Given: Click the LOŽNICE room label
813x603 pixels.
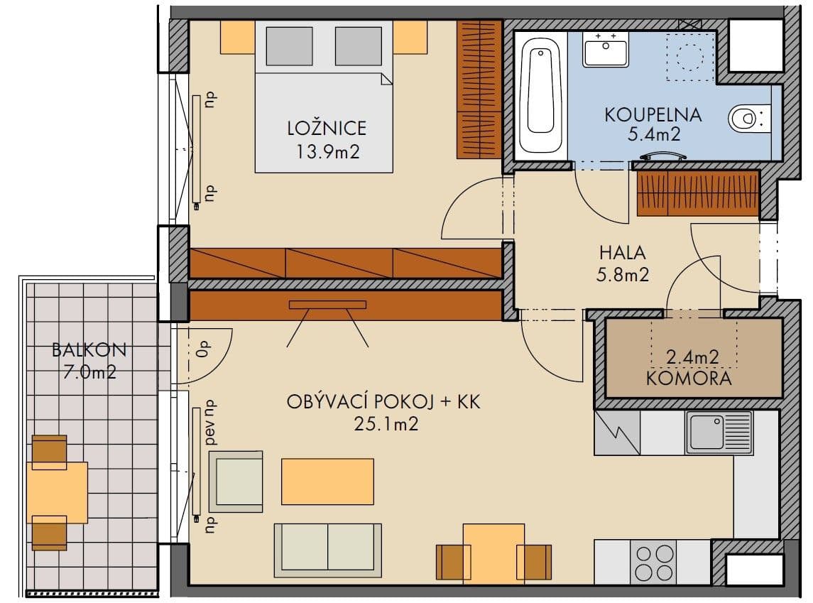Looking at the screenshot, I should click(x=327, y=128).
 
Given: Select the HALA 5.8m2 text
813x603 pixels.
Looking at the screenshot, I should click(x=623, y=263).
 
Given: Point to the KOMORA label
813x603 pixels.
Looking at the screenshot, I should click(x=688, y=378).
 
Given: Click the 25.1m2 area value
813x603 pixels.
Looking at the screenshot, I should click(x=383, y=423).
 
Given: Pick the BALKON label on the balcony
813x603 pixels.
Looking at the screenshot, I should click(x=89, y=349).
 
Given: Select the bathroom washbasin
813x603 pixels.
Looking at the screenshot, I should click(x=605, y=50).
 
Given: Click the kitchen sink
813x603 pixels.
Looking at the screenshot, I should click(x=718, y=433).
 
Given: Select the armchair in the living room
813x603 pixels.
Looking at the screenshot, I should click(x=236, y=481).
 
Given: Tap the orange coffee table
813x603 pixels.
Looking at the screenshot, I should click(x=327, y=481).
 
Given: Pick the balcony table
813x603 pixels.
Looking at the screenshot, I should click(x=57, y=491).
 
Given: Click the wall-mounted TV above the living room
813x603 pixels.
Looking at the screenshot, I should click(x=327, y=305).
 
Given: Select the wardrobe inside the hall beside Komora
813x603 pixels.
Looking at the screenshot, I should click(x=697, y=193).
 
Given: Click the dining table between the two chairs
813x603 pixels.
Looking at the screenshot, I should click(x=493, y=553).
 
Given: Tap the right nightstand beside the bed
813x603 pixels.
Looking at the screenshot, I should click(x=410, y=37).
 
